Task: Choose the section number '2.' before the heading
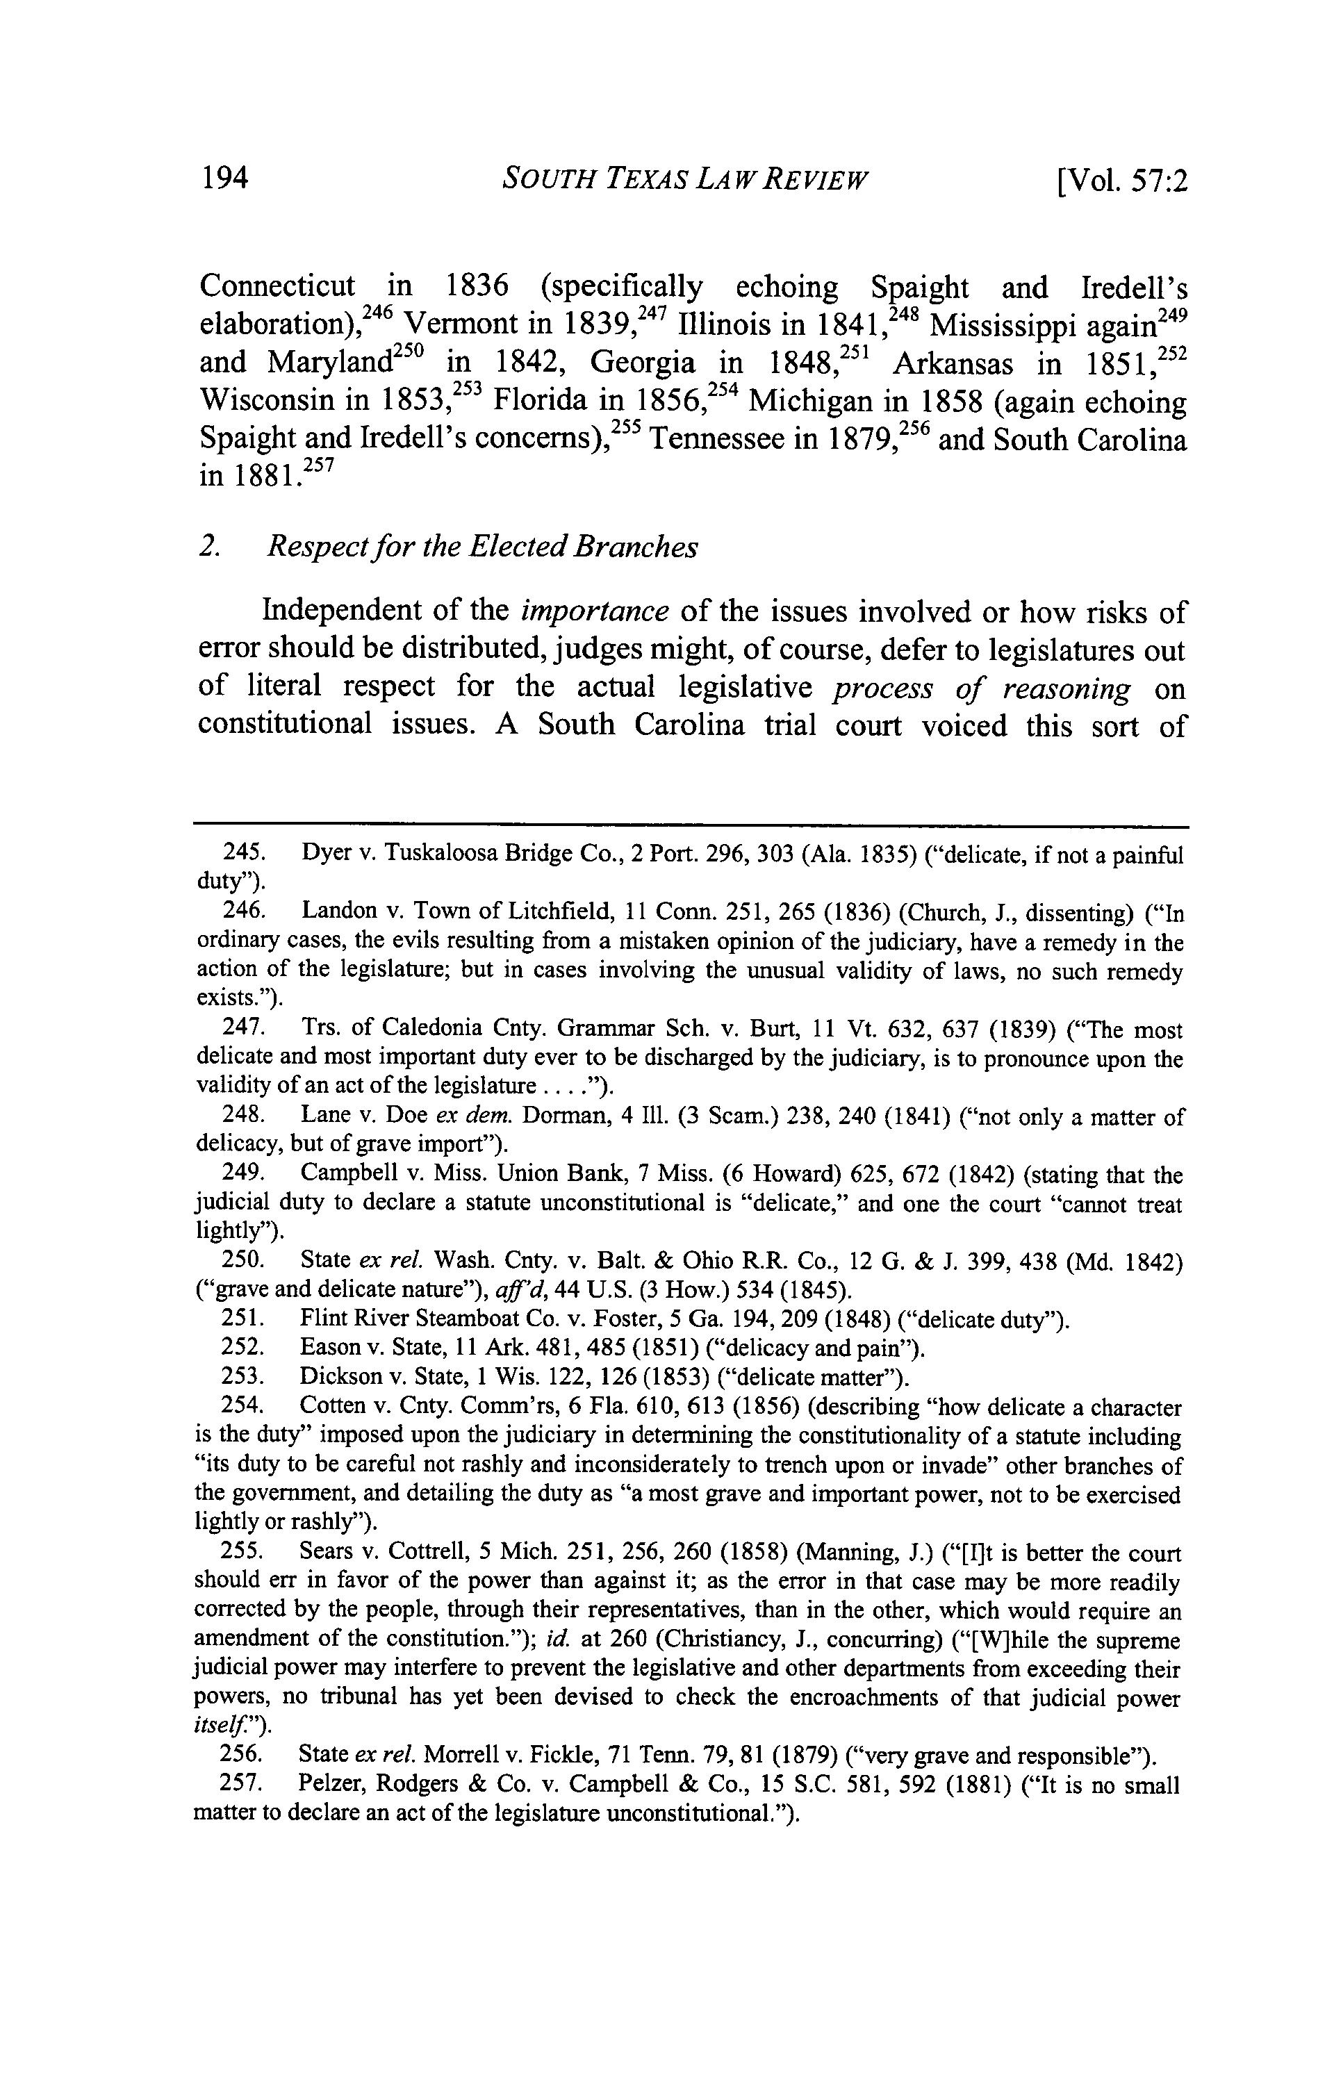208,547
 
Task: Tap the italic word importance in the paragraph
594,611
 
